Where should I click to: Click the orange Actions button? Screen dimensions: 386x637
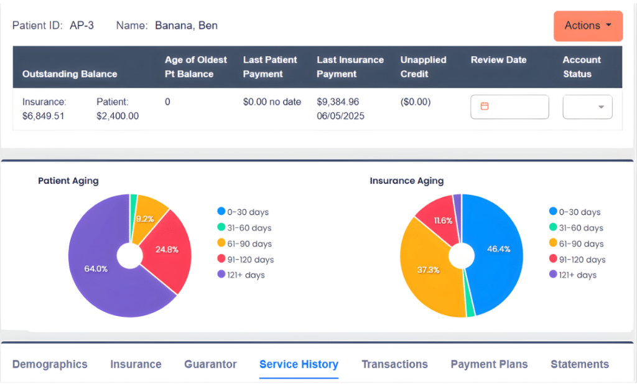[588, 26]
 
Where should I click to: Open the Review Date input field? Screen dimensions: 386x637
[509, 106]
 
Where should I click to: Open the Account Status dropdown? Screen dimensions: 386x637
[587, 106]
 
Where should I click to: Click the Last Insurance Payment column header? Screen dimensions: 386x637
[350, 67]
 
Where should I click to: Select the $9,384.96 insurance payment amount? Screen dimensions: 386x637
[338, 101]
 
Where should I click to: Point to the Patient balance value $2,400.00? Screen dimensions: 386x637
[118, 116]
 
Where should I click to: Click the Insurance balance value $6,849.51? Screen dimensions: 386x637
[44, 116]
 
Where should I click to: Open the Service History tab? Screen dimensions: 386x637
[299, 364]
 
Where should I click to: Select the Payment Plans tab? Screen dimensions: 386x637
[489, 364]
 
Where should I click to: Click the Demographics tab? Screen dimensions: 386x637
[50, 364]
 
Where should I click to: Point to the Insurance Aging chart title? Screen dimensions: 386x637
[407, 181]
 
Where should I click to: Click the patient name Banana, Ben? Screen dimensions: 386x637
[186, 26]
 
